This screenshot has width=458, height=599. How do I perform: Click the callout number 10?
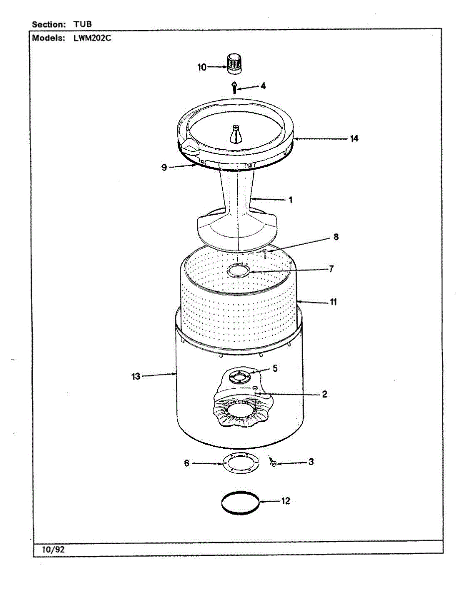[202, 67]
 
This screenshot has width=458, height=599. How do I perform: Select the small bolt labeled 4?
[234, 88]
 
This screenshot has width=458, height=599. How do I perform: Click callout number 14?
[354, 139]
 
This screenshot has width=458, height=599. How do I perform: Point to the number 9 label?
[164, 168]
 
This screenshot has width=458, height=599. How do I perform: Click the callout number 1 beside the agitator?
[290, 200]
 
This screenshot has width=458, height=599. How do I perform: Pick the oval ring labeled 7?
[239, 271]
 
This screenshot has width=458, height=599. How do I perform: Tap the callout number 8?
[336, 237]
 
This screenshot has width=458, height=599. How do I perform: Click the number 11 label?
[333, 302]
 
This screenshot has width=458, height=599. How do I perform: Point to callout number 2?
[324, 394]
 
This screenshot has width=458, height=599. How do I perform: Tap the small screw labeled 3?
[273, 464]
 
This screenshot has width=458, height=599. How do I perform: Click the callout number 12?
[285, 501]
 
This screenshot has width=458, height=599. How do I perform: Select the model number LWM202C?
[92, 38]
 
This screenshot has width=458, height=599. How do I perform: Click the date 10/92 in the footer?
[49, 549]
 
